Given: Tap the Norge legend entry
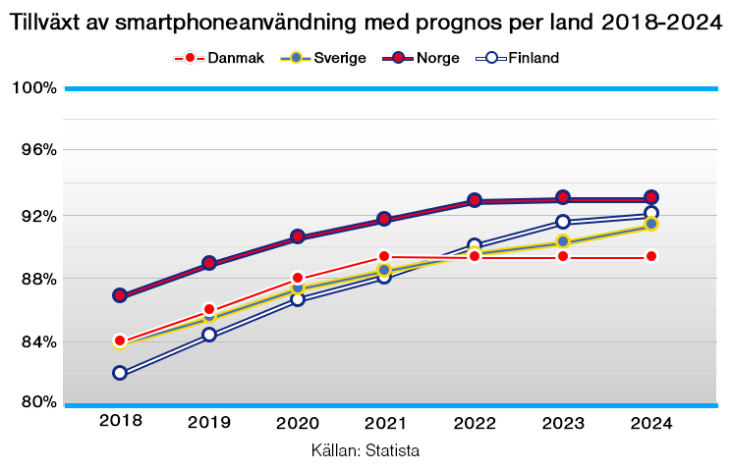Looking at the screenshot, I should coord(436,58).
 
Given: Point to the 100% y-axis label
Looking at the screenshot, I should coord(34,88).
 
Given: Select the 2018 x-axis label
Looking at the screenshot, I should coord(121,421).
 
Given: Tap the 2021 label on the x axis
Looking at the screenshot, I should coord(386,423).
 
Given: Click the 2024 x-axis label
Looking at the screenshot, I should coord(651,423).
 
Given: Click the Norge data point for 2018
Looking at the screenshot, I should coord(120,295).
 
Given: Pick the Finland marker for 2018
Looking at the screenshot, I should coord(120,373).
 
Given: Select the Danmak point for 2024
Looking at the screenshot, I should coord(651,257).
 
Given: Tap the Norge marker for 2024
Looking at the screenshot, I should coord(651,197).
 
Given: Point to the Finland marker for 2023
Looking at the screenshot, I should coord(563,222).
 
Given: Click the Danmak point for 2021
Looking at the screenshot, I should coord(386,257).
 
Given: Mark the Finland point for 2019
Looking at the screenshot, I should coord(209,335).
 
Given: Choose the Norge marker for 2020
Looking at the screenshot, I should coord(298,236).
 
